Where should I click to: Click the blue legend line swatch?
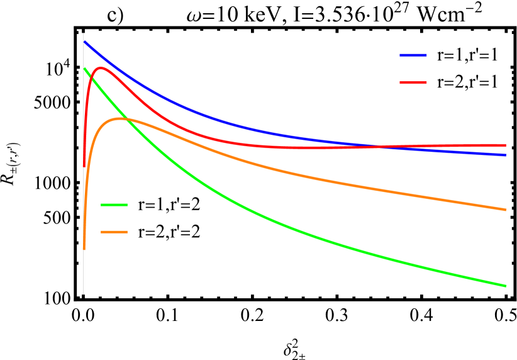tap(413, 55)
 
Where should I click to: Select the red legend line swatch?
tap(413, 82)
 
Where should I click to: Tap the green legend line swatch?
tap(114, 205)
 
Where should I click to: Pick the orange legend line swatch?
tap(114, 232)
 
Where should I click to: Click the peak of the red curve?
tap(100, 68)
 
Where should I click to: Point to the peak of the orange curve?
tap(121, 118)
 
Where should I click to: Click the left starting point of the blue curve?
tap(84, 42)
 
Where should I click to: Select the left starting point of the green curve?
tap(84, 68)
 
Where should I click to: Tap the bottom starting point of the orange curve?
tap(84, 249)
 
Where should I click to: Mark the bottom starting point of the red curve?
tap(84, 166)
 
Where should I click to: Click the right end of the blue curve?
tap(506, 155)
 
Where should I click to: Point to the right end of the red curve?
tap(506, 145)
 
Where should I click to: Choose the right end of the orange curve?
tap(506, 210)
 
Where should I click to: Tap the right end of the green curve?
tap(506, 286)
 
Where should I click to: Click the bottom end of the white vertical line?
tap(83, 294)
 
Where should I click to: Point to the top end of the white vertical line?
tap(83, 33)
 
